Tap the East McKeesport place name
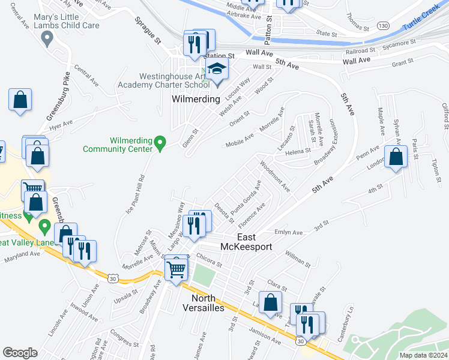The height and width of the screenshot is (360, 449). [x=255, y=242]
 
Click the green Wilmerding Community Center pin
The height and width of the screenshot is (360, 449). [x=160, y=143]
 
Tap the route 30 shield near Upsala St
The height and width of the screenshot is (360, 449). [x=113, y=278]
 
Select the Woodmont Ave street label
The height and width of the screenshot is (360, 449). [x=275, y=176]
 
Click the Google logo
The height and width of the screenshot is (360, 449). [x=20, y=353]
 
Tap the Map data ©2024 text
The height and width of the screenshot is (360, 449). [x=423, y=355]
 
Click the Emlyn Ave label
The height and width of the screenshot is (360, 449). [x=289, y=232]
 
